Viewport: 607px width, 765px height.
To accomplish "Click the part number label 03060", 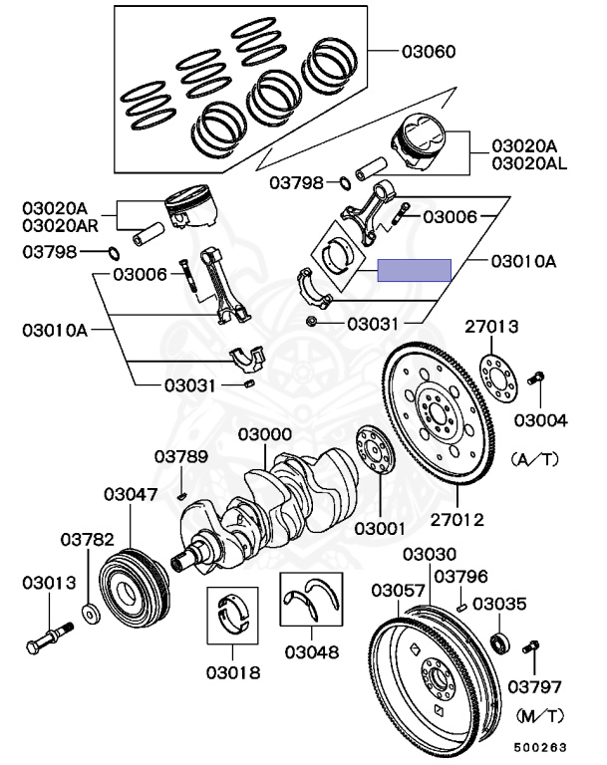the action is click(x=429, y=51).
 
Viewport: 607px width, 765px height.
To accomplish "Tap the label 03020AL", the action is click(x=529, y=163).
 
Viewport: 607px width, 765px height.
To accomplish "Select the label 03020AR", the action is click(x=60, y=225).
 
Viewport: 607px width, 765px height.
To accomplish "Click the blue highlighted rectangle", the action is click(x=414, y=270).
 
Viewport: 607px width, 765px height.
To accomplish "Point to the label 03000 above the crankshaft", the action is click(x=265, y=434).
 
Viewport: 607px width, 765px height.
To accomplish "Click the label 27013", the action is click(x=491, y=326).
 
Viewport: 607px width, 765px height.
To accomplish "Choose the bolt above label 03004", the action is click(x=535, y=378).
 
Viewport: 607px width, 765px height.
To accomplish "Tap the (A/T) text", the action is click(x=534, y=459).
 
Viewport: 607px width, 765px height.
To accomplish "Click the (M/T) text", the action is click(x=539, y=716).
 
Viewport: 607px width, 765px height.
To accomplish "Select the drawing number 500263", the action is click(x=540, y=747).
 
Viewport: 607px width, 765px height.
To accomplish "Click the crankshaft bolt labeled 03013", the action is click(x=49, y=637).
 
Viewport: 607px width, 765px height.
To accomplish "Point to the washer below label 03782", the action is click(x=91, y=615).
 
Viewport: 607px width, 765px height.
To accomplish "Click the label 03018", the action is click(x=233, y=672).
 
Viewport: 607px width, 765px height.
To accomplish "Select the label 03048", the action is click(x=312, y=651).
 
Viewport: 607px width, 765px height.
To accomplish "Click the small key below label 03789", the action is click(x=181, y=497).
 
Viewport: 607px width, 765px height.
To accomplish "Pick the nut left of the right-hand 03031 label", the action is click(x=311, y=321).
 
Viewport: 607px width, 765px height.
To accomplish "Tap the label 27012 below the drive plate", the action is click(x=457, y=520).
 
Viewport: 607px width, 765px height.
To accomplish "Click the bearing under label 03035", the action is click(x=500, y=642).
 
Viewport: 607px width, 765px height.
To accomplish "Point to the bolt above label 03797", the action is click(x=530, y=646).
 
